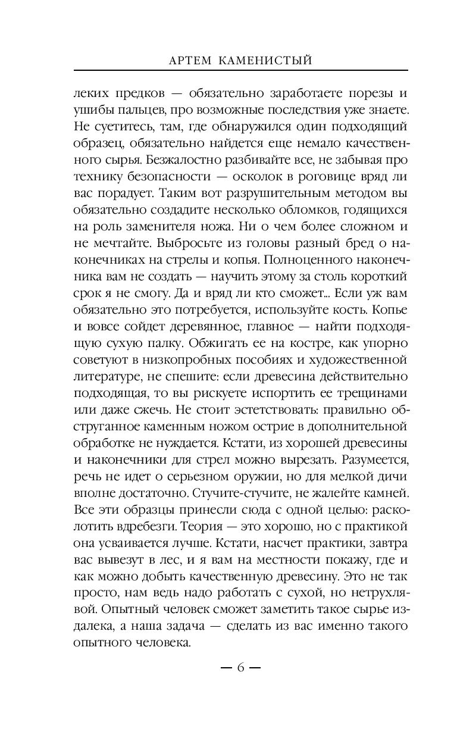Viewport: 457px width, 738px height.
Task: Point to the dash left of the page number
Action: pyautogui.click(x=226, y=667)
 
